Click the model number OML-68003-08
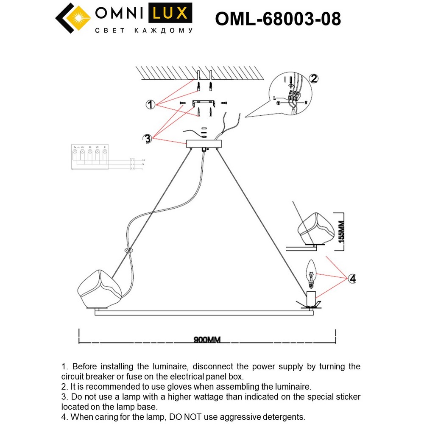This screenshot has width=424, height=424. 278,19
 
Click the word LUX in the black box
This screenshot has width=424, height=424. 169,13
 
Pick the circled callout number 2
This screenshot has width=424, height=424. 314,78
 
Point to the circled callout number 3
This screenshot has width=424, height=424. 147,139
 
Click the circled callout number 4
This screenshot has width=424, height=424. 351,279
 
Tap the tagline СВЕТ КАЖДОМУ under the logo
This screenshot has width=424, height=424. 143,31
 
